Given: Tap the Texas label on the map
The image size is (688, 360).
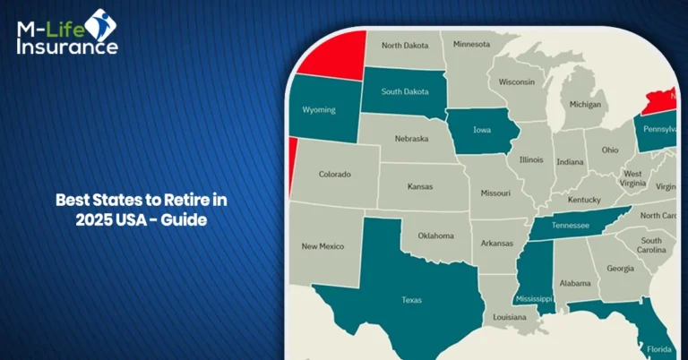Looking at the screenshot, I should (411, 301).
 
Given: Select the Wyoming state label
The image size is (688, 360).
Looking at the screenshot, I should (319, 110).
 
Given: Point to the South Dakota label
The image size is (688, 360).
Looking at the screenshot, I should (403, 91).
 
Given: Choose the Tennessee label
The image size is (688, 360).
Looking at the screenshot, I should (571, 227).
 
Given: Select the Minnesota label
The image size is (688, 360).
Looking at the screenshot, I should (471, 44).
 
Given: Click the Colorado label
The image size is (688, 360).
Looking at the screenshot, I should (335, 174).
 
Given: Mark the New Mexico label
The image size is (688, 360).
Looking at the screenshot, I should (323, 245).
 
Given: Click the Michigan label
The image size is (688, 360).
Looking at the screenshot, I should (585, 104).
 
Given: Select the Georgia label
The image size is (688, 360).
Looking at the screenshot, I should (620, 268).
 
